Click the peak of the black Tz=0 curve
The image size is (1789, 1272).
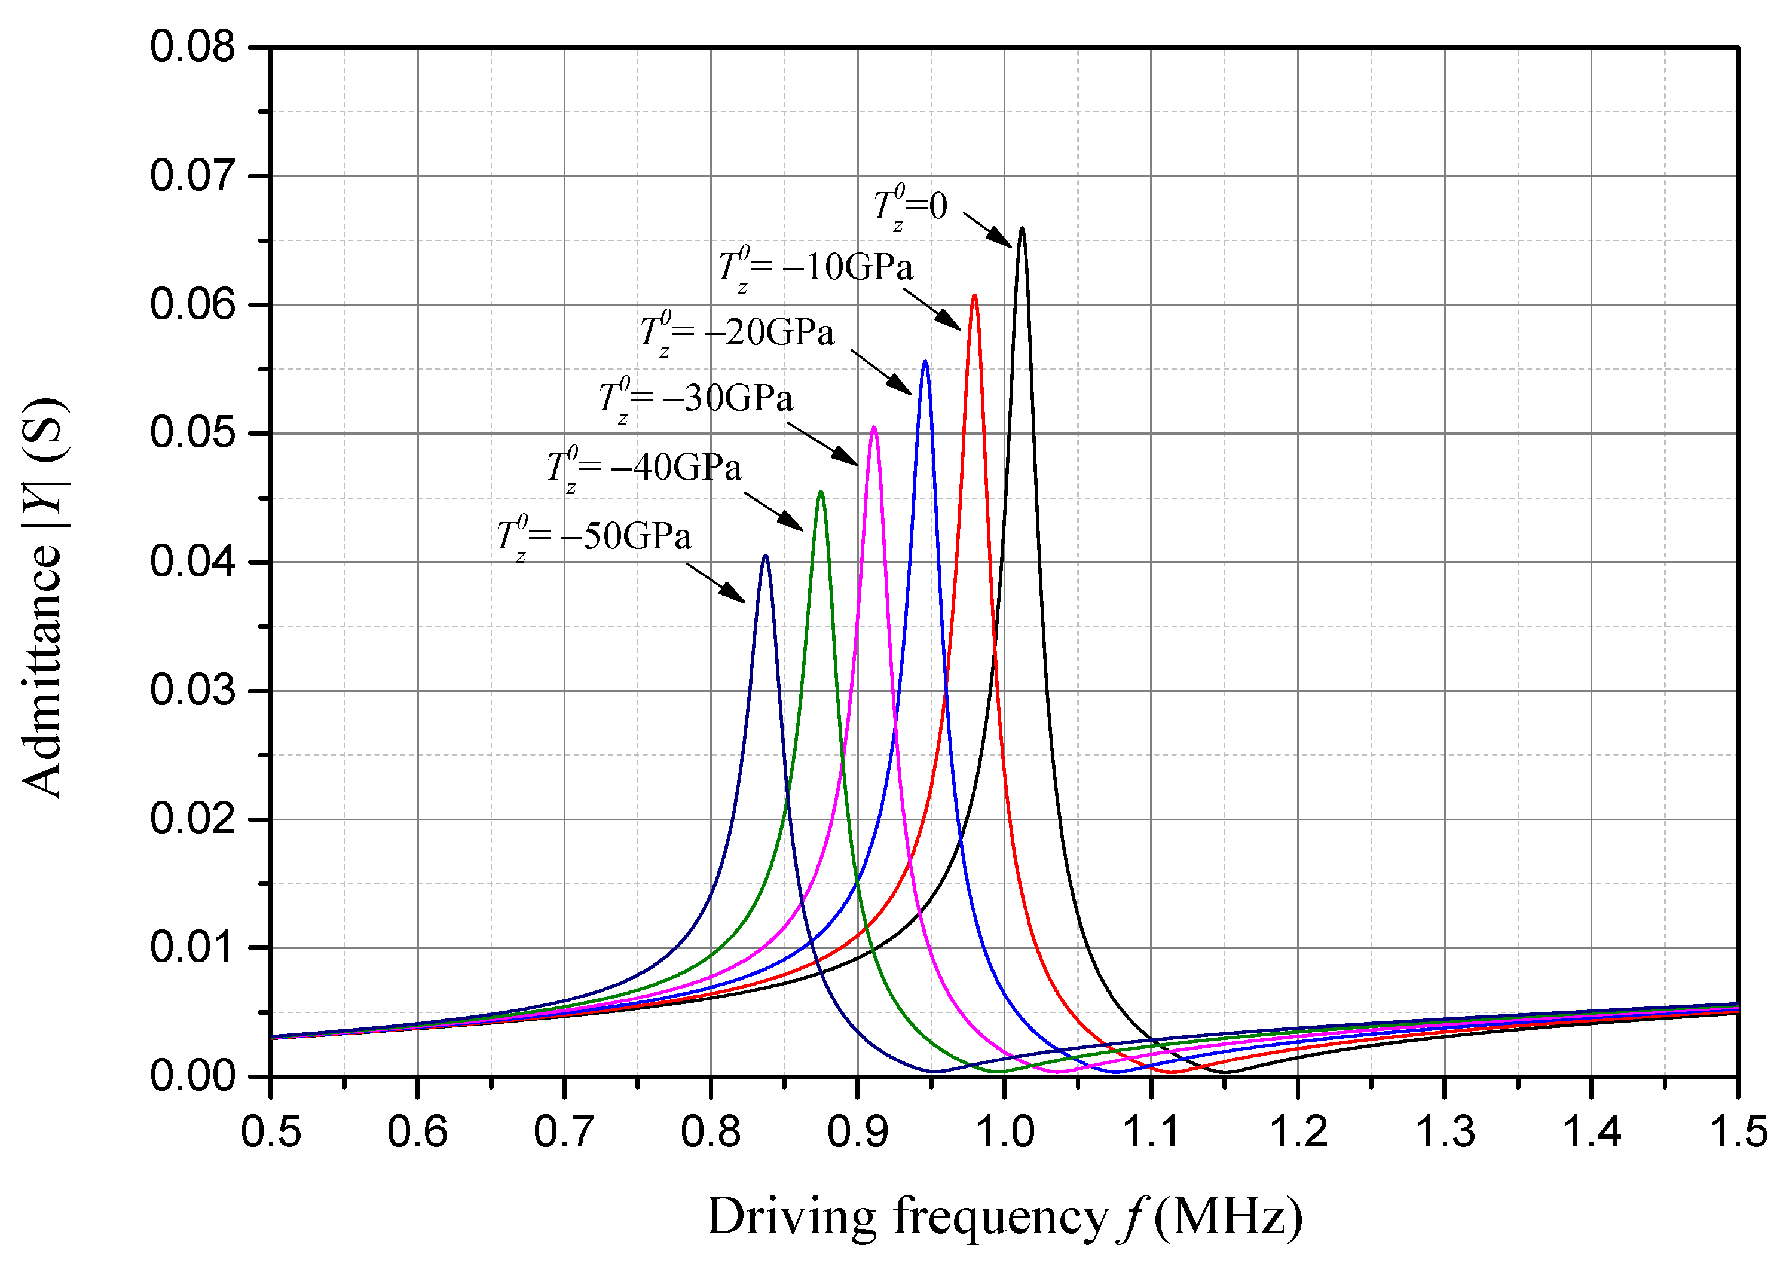click(x=1021, y=228)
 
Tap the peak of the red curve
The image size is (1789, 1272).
click(x=974, y=297)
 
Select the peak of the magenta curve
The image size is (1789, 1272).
click(x=874, y=428)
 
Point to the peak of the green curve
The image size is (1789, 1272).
click(x=821, y=492)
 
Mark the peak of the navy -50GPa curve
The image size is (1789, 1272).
click(x=765, y=556)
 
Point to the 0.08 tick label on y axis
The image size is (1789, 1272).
click(x=192, y=47)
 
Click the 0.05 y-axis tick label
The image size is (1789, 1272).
click(x=192, y=433)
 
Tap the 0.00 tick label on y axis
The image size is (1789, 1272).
click(x=192, y=1076)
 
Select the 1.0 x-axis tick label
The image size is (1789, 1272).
click(x=1005, y=1133)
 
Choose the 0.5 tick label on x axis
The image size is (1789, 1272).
click(x=271, y=1133)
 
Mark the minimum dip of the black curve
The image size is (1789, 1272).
click(x=1225, y=1072)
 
